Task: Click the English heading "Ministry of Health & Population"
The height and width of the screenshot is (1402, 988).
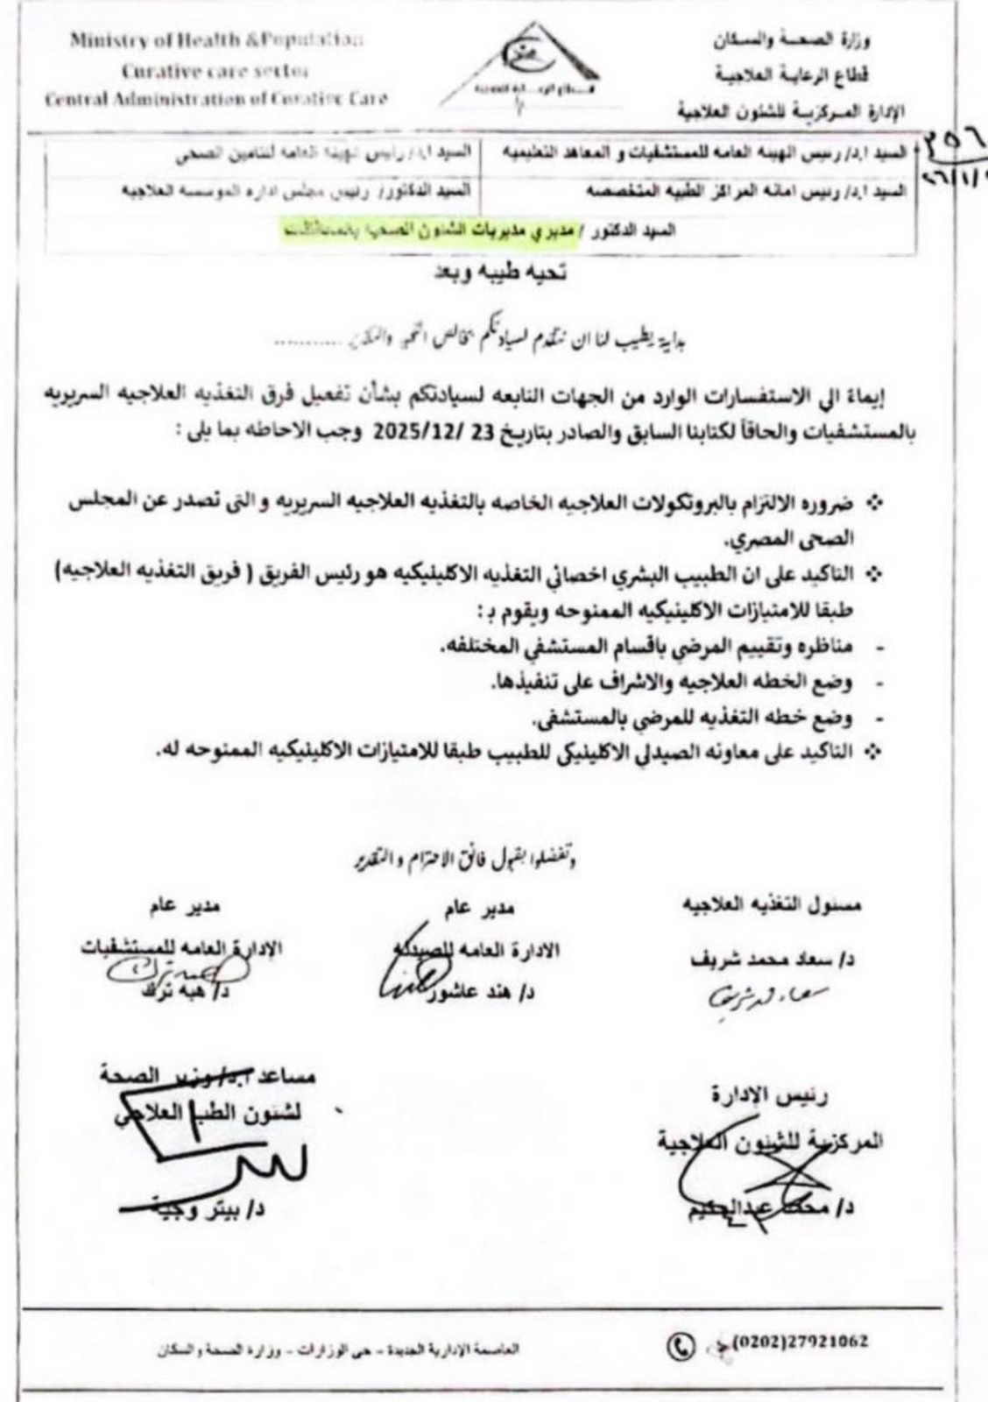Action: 217,40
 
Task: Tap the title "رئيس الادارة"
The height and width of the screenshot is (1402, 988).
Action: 770,1095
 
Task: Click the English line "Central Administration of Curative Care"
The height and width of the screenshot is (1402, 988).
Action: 216,98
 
